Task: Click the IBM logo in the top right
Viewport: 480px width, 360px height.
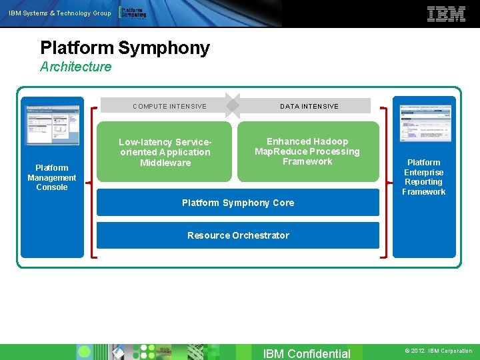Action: pyautogui.click(x=446, y=14)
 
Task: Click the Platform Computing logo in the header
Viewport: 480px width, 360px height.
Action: pyautogui.click(x=132, y=13)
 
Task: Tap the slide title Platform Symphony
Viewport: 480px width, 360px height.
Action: pyautogui.click(x=125, y=48)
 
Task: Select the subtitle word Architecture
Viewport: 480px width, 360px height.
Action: pyautogui.click(x=75, y=67)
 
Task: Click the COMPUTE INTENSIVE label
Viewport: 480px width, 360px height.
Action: pyautogui.click(x=169, y=106)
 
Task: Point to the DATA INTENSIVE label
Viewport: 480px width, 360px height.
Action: pyautogui.click(x=309, y=106)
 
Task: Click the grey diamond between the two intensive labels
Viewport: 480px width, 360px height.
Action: pyautogui.click(x=232, y=105)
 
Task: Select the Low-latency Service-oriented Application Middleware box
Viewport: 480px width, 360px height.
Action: pyautogui.click(x=165, y=152)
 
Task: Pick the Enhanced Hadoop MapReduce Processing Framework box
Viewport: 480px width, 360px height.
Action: pyautogui.click(x=307, y=151)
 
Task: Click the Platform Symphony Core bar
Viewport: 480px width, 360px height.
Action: pyautogui.click(x=238, y=203)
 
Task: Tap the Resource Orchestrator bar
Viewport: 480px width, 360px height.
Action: pyautogui.click(x=238, y=235)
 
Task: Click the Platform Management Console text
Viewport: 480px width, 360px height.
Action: pyautogui.click(x=52, y=177)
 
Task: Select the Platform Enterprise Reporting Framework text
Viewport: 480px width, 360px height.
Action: pyautogui.click(x=423, y=177)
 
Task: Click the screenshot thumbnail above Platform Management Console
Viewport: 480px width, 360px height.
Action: pyautogui.click(x=52, y=125)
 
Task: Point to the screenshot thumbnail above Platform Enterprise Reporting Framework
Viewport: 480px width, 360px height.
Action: pyautogui.click(x=423, y=123)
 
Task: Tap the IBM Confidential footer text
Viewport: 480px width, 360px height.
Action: pyautogui.click(x=307, y=353)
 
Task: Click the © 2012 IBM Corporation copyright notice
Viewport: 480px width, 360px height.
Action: pyautogui.click(x=438, y=351)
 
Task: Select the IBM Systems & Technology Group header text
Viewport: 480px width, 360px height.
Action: pyautogui.click(x=59, y=13)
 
